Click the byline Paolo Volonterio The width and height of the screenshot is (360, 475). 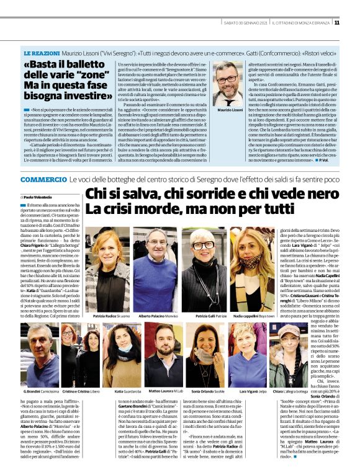[40, 196]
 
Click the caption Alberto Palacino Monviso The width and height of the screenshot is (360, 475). [155, 316]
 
